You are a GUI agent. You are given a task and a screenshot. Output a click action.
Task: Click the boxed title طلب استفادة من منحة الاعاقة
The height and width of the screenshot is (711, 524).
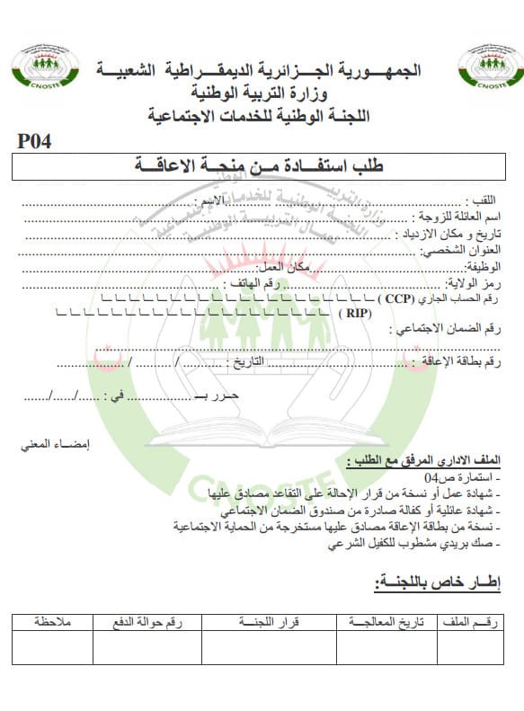click(261, 165)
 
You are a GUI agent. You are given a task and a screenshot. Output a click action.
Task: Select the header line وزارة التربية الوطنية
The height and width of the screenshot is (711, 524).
click(262, 93)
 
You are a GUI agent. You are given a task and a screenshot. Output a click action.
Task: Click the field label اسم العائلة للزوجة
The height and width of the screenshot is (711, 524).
click(462, 217)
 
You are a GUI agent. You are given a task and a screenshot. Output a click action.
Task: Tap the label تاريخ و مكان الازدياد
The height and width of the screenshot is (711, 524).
click(452, 234)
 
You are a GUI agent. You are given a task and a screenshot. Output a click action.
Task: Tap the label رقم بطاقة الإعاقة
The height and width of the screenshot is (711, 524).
click(464, 362)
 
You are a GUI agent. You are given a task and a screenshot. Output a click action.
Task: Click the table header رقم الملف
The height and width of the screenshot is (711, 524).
click(480, 620)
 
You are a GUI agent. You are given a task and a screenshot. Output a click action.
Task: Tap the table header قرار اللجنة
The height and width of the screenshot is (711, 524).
click(269, 620)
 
